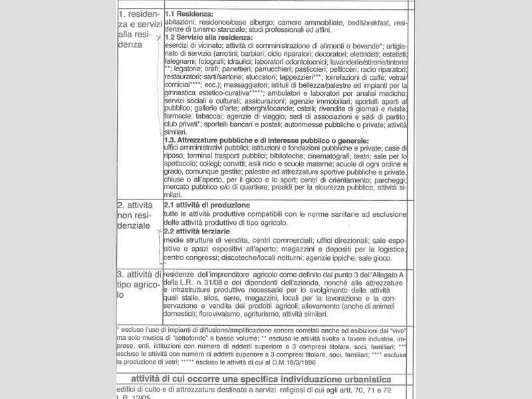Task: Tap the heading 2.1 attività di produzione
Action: pos(207,205)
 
